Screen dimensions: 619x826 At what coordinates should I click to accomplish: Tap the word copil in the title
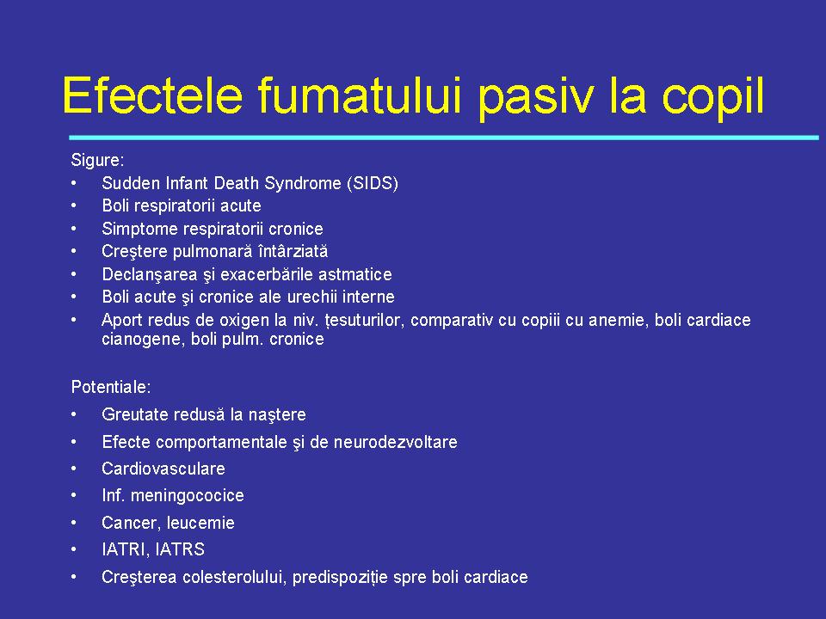click(x=712, y=97)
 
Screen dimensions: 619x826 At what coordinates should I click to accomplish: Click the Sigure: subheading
click(x=97, y=160)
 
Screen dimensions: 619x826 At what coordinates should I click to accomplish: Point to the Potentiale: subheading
click(x=111, y=387)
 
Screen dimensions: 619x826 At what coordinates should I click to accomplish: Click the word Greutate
click(x=134, y=414)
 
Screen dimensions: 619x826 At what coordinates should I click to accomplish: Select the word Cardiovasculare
click(x=163, y=469)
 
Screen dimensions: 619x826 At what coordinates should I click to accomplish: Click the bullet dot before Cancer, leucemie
click(x=76, y=523)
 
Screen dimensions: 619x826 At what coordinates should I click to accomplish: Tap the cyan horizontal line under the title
click(x=443, y=138)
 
